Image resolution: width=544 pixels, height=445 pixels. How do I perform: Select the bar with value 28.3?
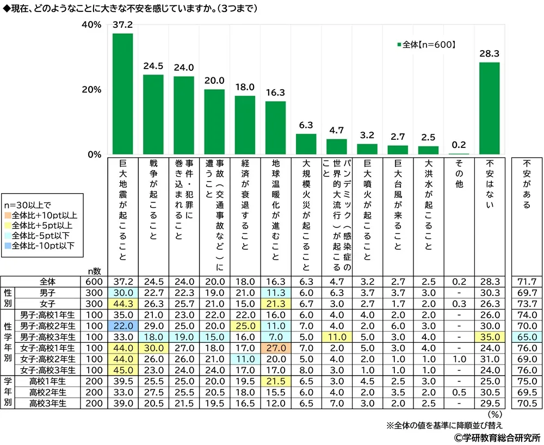[489, 108]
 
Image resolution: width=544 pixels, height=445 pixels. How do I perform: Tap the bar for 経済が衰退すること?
[245, 125]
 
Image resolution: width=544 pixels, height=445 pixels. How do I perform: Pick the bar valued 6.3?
[306, 144]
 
